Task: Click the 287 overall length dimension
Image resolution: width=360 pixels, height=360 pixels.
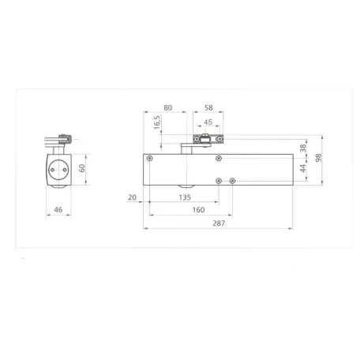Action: click(219, 223)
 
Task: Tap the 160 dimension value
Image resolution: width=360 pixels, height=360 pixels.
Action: click(198, 210)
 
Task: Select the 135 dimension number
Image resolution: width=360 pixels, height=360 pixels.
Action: click(185, 197)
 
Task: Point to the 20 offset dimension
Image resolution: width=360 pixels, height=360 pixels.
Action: click(132, 197)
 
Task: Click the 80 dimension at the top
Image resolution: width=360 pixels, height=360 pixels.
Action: click(168, 107)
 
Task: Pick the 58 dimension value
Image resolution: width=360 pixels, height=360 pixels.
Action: click(208, 107)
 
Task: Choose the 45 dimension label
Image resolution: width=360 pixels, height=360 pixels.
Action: click(208, 122)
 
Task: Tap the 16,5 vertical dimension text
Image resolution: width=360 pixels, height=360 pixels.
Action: click(157, 122)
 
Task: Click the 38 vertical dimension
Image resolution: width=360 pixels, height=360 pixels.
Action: click(303, 148)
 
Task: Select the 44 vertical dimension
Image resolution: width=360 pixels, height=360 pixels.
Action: click(303, 168)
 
